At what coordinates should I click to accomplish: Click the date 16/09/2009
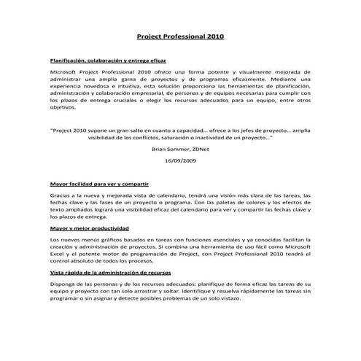[180, 160]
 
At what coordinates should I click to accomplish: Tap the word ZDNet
[200, 148]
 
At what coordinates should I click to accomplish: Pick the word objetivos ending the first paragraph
[63, 108]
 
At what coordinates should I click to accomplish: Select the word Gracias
[61, 196]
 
